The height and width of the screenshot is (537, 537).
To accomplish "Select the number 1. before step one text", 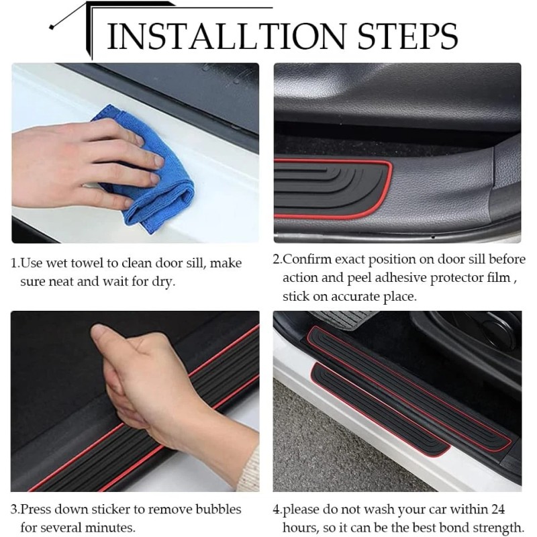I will click(15, 263).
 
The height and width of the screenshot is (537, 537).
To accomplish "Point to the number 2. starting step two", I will click(277, 259).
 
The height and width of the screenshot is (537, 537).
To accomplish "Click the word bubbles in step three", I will click(219, 509).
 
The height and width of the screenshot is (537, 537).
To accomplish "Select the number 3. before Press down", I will click(15, 509).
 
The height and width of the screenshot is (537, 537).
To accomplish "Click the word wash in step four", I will click(387, 509).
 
